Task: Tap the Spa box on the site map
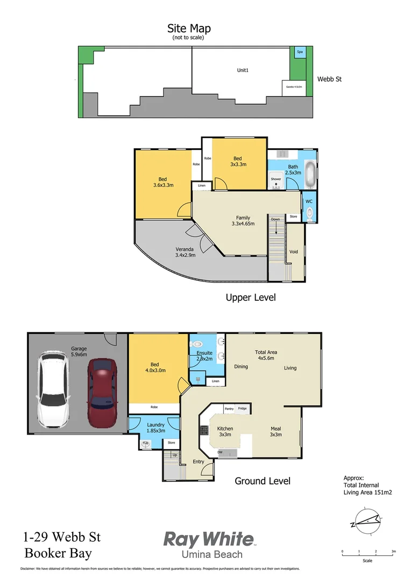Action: tap(300, 52)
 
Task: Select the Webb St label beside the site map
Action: tap(329, 79)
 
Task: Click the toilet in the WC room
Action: tap(309, 213)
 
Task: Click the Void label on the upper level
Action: tap(294, 251)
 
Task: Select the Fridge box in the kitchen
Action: tap(243, 409)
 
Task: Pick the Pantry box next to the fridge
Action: tap(229, 409)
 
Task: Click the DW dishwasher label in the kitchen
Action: tap(220, 453)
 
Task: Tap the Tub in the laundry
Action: tap(145, 444)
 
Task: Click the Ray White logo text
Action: tap(208, 539)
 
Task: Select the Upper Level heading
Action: tap(251, 297)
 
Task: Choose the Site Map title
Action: tap(189, 28)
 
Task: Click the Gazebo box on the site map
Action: tap(293, 87)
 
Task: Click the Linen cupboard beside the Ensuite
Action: tap(216, 381)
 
